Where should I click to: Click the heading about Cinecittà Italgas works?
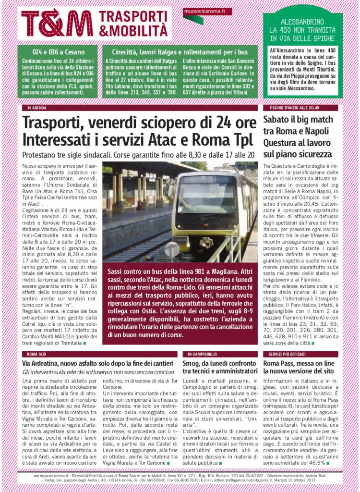(180, 51)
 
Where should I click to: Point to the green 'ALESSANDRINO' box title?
(302, 22)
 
